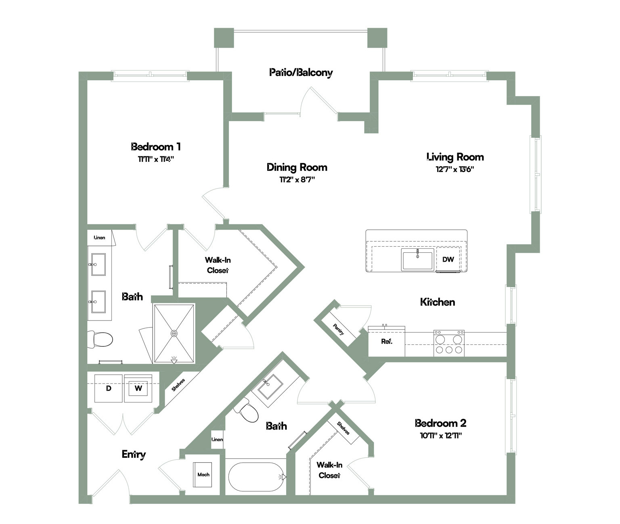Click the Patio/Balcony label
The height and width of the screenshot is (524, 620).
[x=301, y=73]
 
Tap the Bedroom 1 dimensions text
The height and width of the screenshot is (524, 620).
[x=156, y=159]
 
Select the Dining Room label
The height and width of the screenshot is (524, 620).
[x=297, y=167]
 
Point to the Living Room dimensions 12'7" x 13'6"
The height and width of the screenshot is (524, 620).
[x=455, y=169]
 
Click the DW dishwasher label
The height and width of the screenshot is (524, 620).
[x=448, y=259]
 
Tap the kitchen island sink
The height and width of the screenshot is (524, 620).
[x=417, y=259]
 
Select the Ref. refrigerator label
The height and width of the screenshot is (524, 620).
[x=387, y=342]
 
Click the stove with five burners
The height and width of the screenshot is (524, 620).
[x=449, y=343]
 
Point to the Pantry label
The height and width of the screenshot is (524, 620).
[x=339, y=329]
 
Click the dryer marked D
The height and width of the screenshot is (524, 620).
[x=109, y=388]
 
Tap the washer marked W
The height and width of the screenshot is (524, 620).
[x=138, y=388]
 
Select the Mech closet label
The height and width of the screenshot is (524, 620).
[x=203, y=475]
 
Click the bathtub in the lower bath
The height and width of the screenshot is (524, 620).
[x=257, y=477]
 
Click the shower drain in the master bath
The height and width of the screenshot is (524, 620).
[x=174, y=333]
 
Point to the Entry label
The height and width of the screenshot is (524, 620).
[x=134, y=454]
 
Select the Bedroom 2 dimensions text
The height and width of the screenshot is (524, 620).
[x=441, y=436]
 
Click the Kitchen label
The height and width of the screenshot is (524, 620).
[x=438, y=302]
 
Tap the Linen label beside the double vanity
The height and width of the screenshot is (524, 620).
[x=99, y=238]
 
